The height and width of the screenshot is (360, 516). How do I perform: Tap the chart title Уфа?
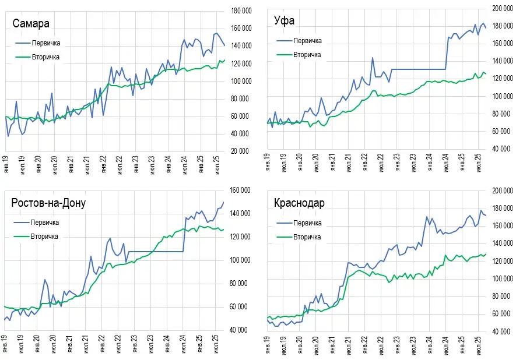(284, 21)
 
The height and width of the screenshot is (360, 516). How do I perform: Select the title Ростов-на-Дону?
(48, 203)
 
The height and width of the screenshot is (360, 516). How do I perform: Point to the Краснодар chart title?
(299, 203)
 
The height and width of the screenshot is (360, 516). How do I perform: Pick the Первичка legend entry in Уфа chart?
(307, 41)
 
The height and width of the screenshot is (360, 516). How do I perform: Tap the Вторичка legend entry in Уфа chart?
(307, 54)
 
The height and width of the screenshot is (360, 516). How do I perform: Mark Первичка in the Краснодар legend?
(307, 223)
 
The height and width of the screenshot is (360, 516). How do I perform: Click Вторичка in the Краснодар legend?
(307, 237)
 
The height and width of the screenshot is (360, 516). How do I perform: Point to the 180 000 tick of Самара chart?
(241, 10)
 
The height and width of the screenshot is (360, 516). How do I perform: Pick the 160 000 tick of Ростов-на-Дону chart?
(241, 190)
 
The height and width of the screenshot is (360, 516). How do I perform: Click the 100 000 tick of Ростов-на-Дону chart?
(241, 260)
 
